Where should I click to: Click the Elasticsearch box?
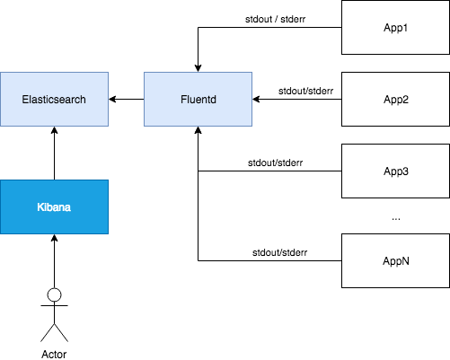pyautogui.click(x=54, y=99)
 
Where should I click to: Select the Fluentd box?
pyautogui.click(x=198, y=99)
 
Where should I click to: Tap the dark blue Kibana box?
pyautogui.click(x=54, y=206)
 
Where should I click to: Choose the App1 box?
pyautogui.click(x=395, y=27)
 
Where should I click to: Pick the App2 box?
pyautogui.click(x=395, y=99)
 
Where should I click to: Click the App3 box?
pyautogui.click(x=395, y=171)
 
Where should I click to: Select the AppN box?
pyautogui.click(x=395, y=260)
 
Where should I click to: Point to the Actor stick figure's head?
pyautogui.click(x=54, y=294)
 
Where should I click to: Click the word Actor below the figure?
pyautogui.click(x=54, y=355)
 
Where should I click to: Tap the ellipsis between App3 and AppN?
pyautogui.click(x=396, y=219)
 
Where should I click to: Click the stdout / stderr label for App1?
pyautogui.click(x=275, y=19)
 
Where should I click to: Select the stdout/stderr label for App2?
pyautogui.click(x=305, y=91)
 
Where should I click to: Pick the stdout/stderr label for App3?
pyautogui.click(x=275, y=162)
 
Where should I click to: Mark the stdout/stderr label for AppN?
pyautogui.click(x=279, y=252)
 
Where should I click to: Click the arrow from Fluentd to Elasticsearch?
pyautogui.click(x=127, y=99)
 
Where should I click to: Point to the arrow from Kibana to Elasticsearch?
pyautogui.click(x=54, y=154)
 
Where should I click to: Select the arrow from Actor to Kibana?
pyautogui.click(x=54, y=261)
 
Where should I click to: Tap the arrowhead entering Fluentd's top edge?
pyautogui.click(x=198, y=68)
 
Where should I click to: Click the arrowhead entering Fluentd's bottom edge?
pyautogui.click(x=198, y=130)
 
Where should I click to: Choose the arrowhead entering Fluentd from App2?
pyautogui.click(x=256, y=99)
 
